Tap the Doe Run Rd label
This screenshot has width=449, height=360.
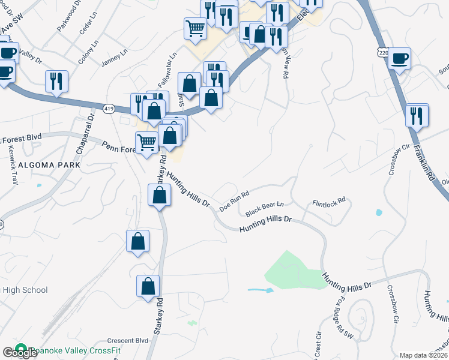(234, 202)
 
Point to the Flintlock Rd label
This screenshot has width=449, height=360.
(329, 202)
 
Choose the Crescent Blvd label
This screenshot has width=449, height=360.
(127, 340)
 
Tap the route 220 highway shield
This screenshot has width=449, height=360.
(383, 53)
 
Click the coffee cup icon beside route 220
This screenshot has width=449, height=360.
(399, 58)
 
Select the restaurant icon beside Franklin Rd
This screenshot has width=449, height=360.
(417, 115)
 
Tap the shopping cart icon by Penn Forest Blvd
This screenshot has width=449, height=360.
(146, 142)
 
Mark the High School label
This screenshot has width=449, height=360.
(25, 290)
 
